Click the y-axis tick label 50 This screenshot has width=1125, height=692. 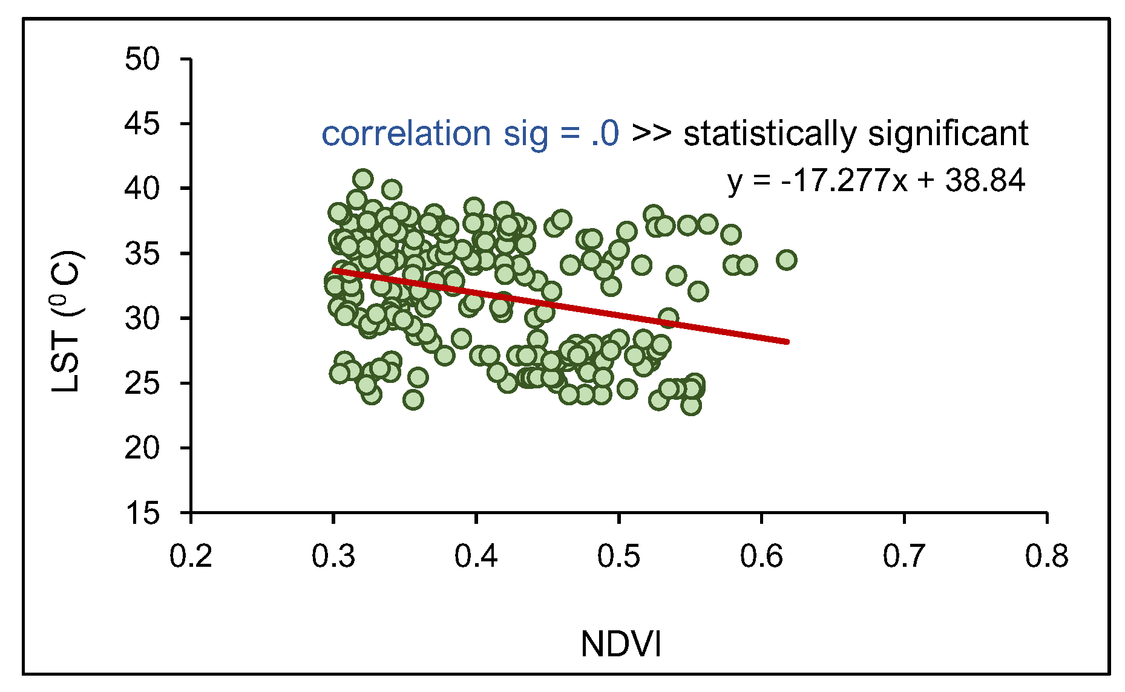coord(142,59)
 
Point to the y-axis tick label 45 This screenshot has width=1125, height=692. coord(142,124)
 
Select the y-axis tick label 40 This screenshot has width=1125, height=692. coord(142,189)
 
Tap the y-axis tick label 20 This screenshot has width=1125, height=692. coord(142,448)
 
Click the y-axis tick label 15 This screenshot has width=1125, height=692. coord(142,513)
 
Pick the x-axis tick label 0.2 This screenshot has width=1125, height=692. coord(191,556)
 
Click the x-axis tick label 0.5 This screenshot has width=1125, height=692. coord(618,556)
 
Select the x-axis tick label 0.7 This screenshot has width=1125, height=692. coord(904,556)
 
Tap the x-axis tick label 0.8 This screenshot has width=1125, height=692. coord(1046,556)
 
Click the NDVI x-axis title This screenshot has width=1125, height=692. coord(621,644)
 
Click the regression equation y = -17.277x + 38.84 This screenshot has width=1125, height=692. coord(876,180)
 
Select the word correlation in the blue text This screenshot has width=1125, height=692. coord(405,134)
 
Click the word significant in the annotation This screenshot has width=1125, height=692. coord(948,134)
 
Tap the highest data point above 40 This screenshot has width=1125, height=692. coord(363,179)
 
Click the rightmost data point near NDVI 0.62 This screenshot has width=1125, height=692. coord(786,260)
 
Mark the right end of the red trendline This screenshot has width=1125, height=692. coord(787,342)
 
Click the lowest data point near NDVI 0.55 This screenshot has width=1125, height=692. coord(691,405)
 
